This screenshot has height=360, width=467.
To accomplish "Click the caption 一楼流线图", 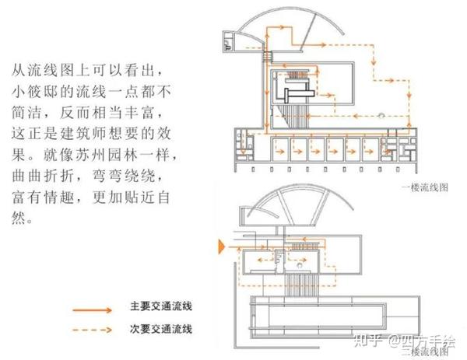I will [426, 187].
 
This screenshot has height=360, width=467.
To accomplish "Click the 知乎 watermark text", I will [365, 340].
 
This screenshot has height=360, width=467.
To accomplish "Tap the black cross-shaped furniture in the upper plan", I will [295, 93].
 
